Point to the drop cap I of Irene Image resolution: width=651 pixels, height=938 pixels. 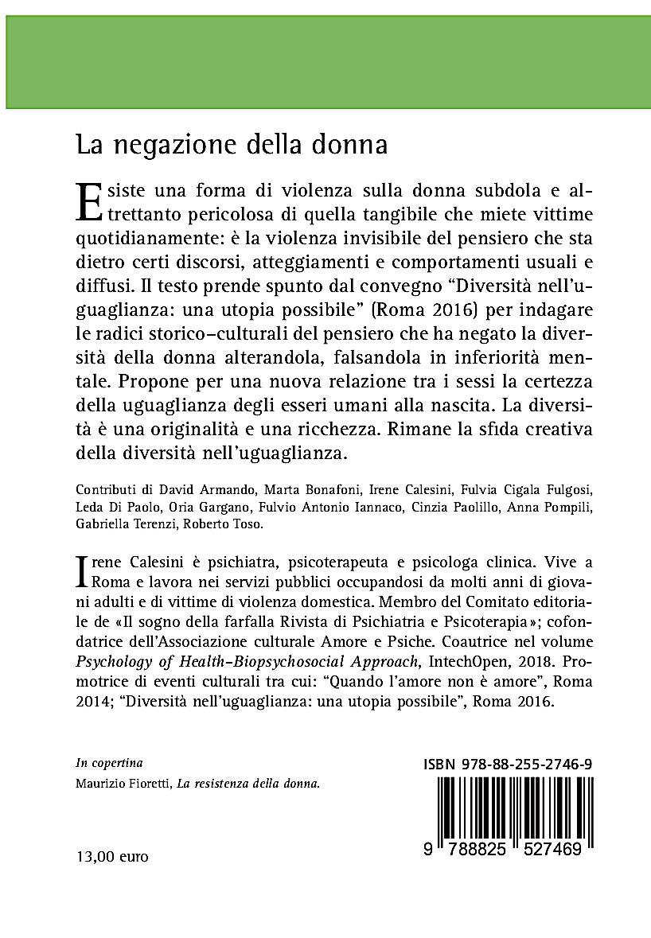tap(79, 572)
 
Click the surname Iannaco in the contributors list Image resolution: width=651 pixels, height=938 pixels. tap(340, 507)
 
